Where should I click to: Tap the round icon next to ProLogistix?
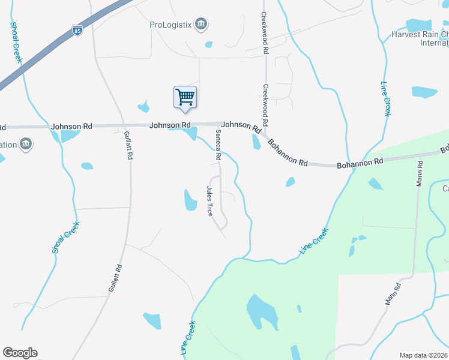click(x=202, y=25)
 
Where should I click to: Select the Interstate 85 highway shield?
click(x=77, y=29)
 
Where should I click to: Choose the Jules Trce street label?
click(x=209, y=201)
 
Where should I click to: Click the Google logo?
click(x=20, y=353)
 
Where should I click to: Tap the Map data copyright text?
click(x=423, y=355)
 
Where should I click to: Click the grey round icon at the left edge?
click(x=26, y=144)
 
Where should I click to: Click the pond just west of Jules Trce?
click(x=190, y=200)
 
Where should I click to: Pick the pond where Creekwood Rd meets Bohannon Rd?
click(x=256, y=142)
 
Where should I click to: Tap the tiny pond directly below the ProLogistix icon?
click(x=208, y=44)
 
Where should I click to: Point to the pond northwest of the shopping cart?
click(x=143, y=107)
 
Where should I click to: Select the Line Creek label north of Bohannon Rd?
click(x=385, y=100)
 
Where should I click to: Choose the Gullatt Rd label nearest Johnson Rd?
click(x=128, y=146)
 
